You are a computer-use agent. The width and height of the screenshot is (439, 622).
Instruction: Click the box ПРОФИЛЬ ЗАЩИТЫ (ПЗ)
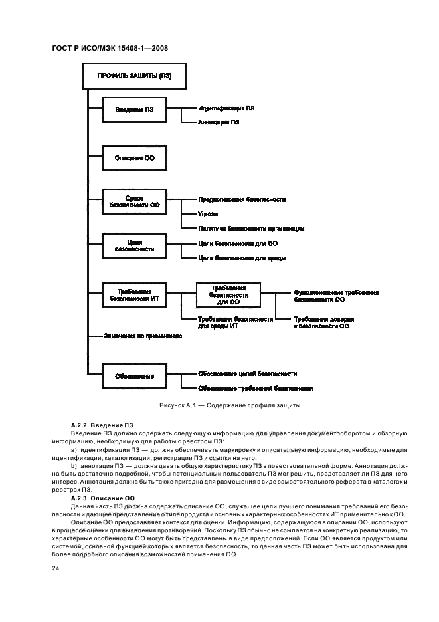click(133, 76)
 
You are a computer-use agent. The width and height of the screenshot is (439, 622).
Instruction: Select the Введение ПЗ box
click(133, 110)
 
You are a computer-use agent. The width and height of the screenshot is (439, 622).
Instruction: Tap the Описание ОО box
click(133, 157)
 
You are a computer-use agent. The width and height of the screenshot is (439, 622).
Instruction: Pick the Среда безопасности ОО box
click(133, 202)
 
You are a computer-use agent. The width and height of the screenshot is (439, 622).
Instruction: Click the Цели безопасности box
click(133, 245)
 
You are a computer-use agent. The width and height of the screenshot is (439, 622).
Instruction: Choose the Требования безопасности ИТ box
click(133, 295)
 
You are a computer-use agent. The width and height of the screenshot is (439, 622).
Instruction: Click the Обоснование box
click(133, 376)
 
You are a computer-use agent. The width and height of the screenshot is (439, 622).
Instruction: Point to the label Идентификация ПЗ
click(226, 107)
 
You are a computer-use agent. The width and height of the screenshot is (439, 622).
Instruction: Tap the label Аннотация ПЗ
click(219, 122)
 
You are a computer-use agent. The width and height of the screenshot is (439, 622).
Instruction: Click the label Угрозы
click(208, 213)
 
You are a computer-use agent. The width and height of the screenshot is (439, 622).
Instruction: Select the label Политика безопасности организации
click(251, 228)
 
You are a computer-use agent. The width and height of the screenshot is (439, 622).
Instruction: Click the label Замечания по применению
click(142, 336)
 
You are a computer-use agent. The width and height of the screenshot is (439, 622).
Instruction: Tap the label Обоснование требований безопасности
click(255, 388)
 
